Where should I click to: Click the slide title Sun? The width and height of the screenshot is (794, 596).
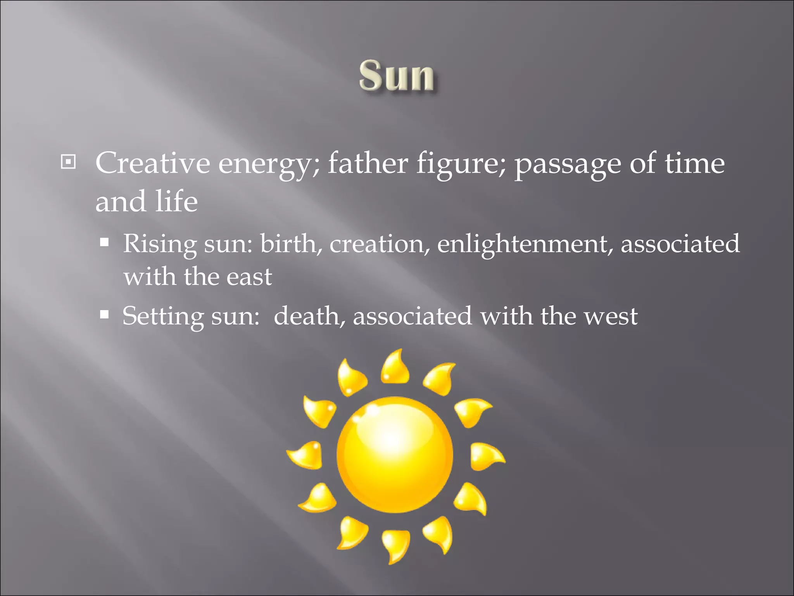coord(396,76)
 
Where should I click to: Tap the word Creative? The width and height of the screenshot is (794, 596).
coord(152,163)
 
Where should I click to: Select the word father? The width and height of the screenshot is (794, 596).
coord(368,163)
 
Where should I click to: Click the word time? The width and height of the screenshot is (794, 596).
coord(694,163)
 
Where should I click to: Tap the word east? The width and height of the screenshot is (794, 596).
coord(249,277)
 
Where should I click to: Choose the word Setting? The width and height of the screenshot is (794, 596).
coord(162,317)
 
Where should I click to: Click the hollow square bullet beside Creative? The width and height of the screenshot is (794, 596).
coord(68,161)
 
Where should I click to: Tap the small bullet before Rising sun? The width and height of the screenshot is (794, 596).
coord(104,243)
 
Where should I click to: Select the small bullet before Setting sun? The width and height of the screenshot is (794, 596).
coord(104,314)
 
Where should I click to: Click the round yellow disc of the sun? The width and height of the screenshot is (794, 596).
coord(395,455)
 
